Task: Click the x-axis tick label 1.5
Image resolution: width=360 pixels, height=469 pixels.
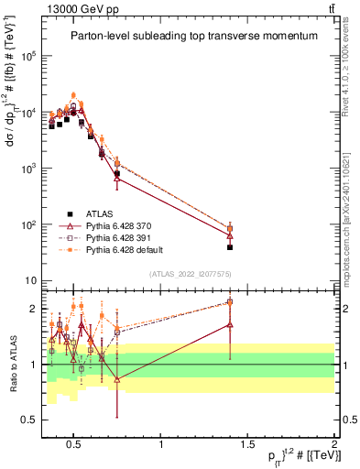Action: (x=247, y=444)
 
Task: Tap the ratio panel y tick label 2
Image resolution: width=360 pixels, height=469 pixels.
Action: (x=32, y=309)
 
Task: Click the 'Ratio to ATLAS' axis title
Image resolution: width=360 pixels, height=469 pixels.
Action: (x=12, y=365)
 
